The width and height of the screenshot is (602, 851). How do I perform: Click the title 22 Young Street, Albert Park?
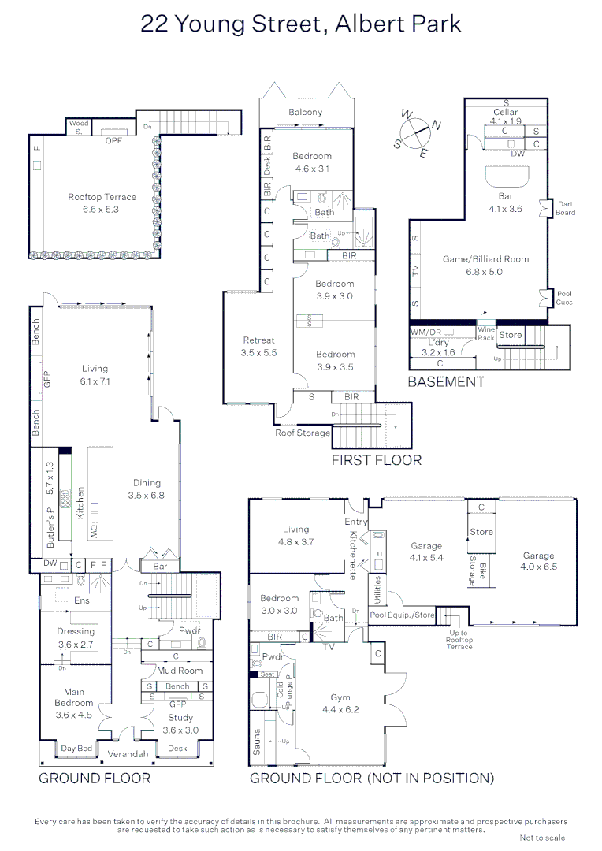pyautogui.click(x=300, y=24)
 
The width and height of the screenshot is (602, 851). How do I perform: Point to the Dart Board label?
pyautogui.click(x=565, y=208)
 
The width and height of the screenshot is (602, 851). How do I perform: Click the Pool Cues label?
pyautogui.click(x=563, y=299)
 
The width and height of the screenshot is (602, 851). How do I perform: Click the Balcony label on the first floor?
pyautogui.click(x=305, y=112)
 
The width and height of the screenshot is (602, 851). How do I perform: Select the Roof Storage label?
pyautogui.click(x=303, y=433)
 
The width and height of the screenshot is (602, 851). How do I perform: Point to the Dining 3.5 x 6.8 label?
pyautogui.click(x=147, y=489)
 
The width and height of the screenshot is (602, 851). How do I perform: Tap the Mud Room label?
pyautogui.click(x=180, y=671)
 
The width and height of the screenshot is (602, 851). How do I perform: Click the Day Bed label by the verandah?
pyautogui.click(x=77, y=748)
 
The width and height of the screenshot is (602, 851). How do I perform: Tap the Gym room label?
pyautogui.click(x=340, y=704)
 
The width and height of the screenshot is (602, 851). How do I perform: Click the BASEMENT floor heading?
pyautogui.click(x=446, y=381)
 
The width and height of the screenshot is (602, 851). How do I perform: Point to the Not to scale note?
pyautogui.click(x=542, y=838)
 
